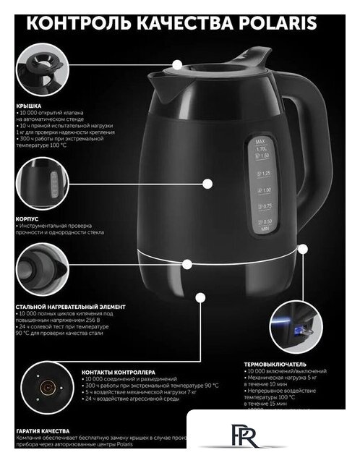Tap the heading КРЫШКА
coord(30,106)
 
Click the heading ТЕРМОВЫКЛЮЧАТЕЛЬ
coord(275,364)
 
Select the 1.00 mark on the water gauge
coord(265,190)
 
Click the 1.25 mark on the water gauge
coord(265,173)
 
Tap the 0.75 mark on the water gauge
coord(265,207)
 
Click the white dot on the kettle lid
coord(178,64)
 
